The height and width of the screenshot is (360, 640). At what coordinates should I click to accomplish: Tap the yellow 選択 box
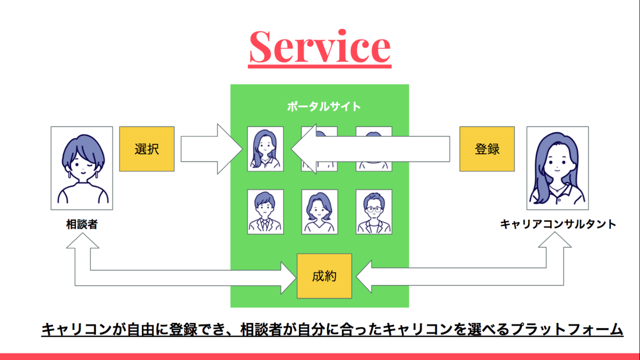click(147, 149)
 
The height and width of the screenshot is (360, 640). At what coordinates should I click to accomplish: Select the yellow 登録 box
click(487, 149)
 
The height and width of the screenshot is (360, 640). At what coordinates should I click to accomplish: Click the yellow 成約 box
click(324, 276)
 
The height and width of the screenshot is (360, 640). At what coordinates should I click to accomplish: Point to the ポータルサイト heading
click(324, 106)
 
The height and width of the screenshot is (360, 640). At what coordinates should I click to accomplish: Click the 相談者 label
click(82, 224)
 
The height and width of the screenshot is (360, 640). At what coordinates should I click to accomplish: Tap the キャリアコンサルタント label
click(557, 224)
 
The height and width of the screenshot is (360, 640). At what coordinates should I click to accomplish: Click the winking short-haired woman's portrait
click(81, 168)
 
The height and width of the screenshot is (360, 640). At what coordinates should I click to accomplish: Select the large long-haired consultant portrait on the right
click(557, 168)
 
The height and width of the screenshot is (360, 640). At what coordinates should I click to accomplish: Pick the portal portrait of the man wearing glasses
click(374, 211)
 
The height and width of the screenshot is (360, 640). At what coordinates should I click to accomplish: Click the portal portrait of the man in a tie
click(265, 211)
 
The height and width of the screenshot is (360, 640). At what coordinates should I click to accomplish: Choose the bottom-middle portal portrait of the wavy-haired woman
click(319, 211)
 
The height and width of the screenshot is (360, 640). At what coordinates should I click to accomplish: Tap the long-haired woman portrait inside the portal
click(265, 149)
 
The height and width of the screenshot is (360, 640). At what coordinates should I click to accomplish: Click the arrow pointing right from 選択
click(211, 149)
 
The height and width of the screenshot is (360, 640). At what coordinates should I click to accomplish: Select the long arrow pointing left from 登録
click(370, 149)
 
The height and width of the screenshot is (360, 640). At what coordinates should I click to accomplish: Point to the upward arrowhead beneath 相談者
click(82, 240)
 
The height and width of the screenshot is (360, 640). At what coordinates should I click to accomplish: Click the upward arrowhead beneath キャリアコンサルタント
click(555, 239)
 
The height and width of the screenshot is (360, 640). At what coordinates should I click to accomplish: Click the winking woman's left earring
click(69, 174)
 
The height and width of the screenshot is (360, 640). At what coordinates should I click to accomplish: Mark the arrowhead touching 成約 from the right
click(364, 276)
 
